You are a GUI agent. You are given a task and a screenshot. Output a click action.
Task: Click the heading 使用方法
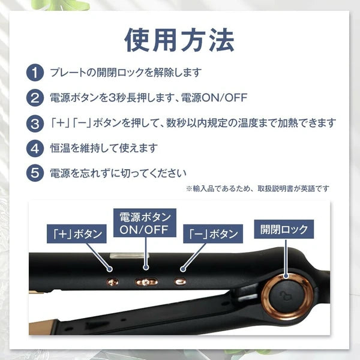pyautogui.click(x=179, y=40)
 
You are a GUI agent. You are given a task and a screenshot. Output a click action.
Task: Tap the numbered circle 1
pyautogui.click(x=35, y=73)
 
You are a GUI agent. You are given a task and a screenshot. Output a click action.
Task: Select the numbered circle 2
pyautogui.click(x=35, y=98)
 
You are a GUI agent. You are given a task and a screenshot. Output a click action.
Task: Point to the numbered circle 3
pyautogui.click(x=35, y=124)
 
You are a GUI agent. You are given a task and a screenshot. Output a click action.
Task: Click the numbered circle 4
pyautogui.click(x=35, y=148)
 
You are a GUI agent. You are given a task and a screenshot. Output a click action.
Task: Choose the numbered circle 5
pyautogui.click(x=35, y=173)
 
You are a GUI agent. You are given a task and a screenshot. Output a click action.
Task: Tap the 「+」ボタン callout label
pyautogui.click(x=76, y=234)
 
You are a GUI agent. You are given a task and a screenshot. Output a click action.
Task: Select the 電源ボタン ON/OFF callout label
pyautogui.click(x=145, y=223)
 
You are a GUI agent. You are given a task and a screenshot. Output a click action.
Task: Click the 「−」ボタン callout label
pyautogui.click(x=213, y=234)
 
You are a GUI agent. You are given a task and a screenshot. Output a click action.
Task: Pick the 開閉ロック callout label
pyautogui.click(x=284, y=229)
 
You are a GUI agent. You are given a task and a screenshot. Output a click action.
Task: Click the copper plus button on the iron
pyautogui.click(x=113, y=282)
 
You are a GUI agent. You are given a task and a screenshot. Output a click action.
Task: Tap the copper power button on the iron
pyautogui.click(x=146, y=282)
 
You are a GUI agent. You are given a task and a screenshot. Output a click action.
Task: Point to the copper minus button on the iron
pyautogui.click(x=180, y=281)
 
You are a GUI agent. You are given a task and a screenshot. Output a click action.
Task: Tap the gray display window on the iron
pyautogui.click(x=129, y=256)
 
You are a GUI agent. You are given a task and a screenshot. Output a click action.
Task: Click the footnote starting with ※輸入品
pyautogui.click(x=257, y=189)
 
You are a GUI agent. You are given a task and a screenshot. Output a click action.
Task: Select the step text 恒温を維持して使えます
pyautogui.click(x=104, y=148)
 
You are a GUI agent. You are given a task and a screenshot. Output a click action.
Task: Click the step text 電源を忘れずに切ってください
pyautogui.click(x=118, y=173)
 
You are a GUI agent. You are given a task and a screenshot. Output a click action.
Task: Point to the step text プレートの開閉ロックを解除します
pyautogui.click(x=125, y=73)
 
